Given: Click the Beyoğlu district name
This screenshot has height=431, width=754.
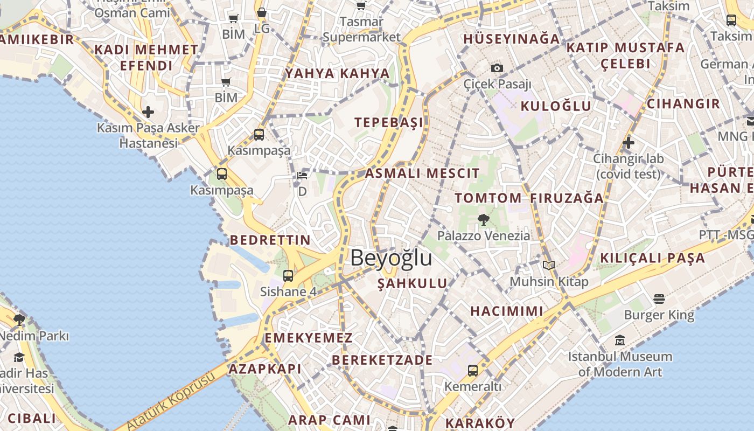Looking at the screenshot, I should (391, 258).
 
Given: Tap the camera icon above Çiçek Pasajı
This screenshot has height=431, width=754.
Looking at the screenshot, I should (497, 68).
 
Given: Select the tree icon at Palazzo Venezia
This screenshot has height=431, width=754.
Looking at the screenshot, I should (483, 219).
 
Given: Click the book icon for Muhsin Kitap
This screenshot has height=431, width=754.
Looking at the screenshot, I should (548, 265).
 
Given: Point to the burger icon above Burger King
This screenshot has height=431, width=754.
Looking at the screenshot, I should (659, 298).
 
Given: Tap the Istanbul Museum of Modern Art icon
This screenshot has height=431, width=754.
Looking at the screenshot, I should (620, 340).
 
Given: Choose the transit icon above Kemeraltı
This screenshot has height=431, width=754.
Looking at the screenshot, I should (472, 370).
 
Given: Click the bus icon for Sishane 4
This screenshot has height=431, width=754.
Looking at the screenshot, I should (288, 276).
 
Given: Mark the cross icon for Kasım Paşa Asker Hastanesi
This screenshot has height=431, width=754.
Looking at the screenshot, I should (148, 112).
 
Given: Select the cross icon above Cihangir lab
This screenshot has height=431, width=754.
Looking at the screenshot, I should (628, 143).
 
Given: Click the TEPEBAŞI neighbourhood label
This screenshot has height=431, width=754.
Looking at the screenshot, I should (389, 122).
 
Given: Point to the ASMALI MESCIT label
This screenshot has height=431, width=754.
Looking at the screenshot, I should (422, 173).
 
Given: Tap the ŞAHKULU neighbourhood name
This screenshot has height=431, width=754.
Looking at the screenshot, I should (412, 283).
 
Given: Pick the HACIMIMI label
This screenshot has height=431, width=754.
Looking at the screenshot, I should (506, 311).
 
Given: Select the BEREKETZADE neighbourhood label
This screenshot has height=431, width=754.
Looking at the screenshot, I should (382, 360).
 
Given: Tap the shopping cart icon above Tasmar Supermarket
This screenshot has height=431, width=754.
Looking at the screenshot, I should (361, 5).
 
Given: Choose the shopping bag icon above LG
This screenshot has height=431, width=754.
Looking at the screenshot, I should (262, 12).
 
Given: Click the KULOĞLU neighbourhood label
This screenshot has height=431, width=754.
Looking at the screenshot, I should (556, 106).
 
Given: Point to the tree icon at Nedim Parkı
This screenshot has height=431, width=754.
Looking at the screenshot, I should (19, 320).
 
